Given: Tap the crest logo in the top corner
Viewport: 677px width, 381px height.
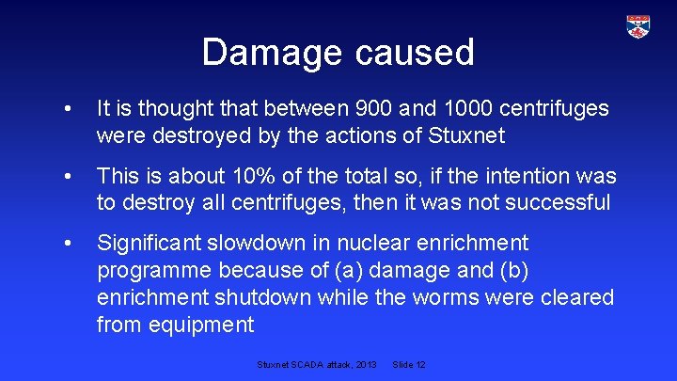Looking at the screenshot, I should tap(638, 26).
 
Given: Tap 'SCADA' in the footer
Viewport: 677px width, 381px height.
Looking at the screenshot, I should tap(307, 363).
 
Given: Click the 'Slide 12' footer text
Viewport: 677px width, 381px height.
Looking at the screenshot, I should tap(410, 363).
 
